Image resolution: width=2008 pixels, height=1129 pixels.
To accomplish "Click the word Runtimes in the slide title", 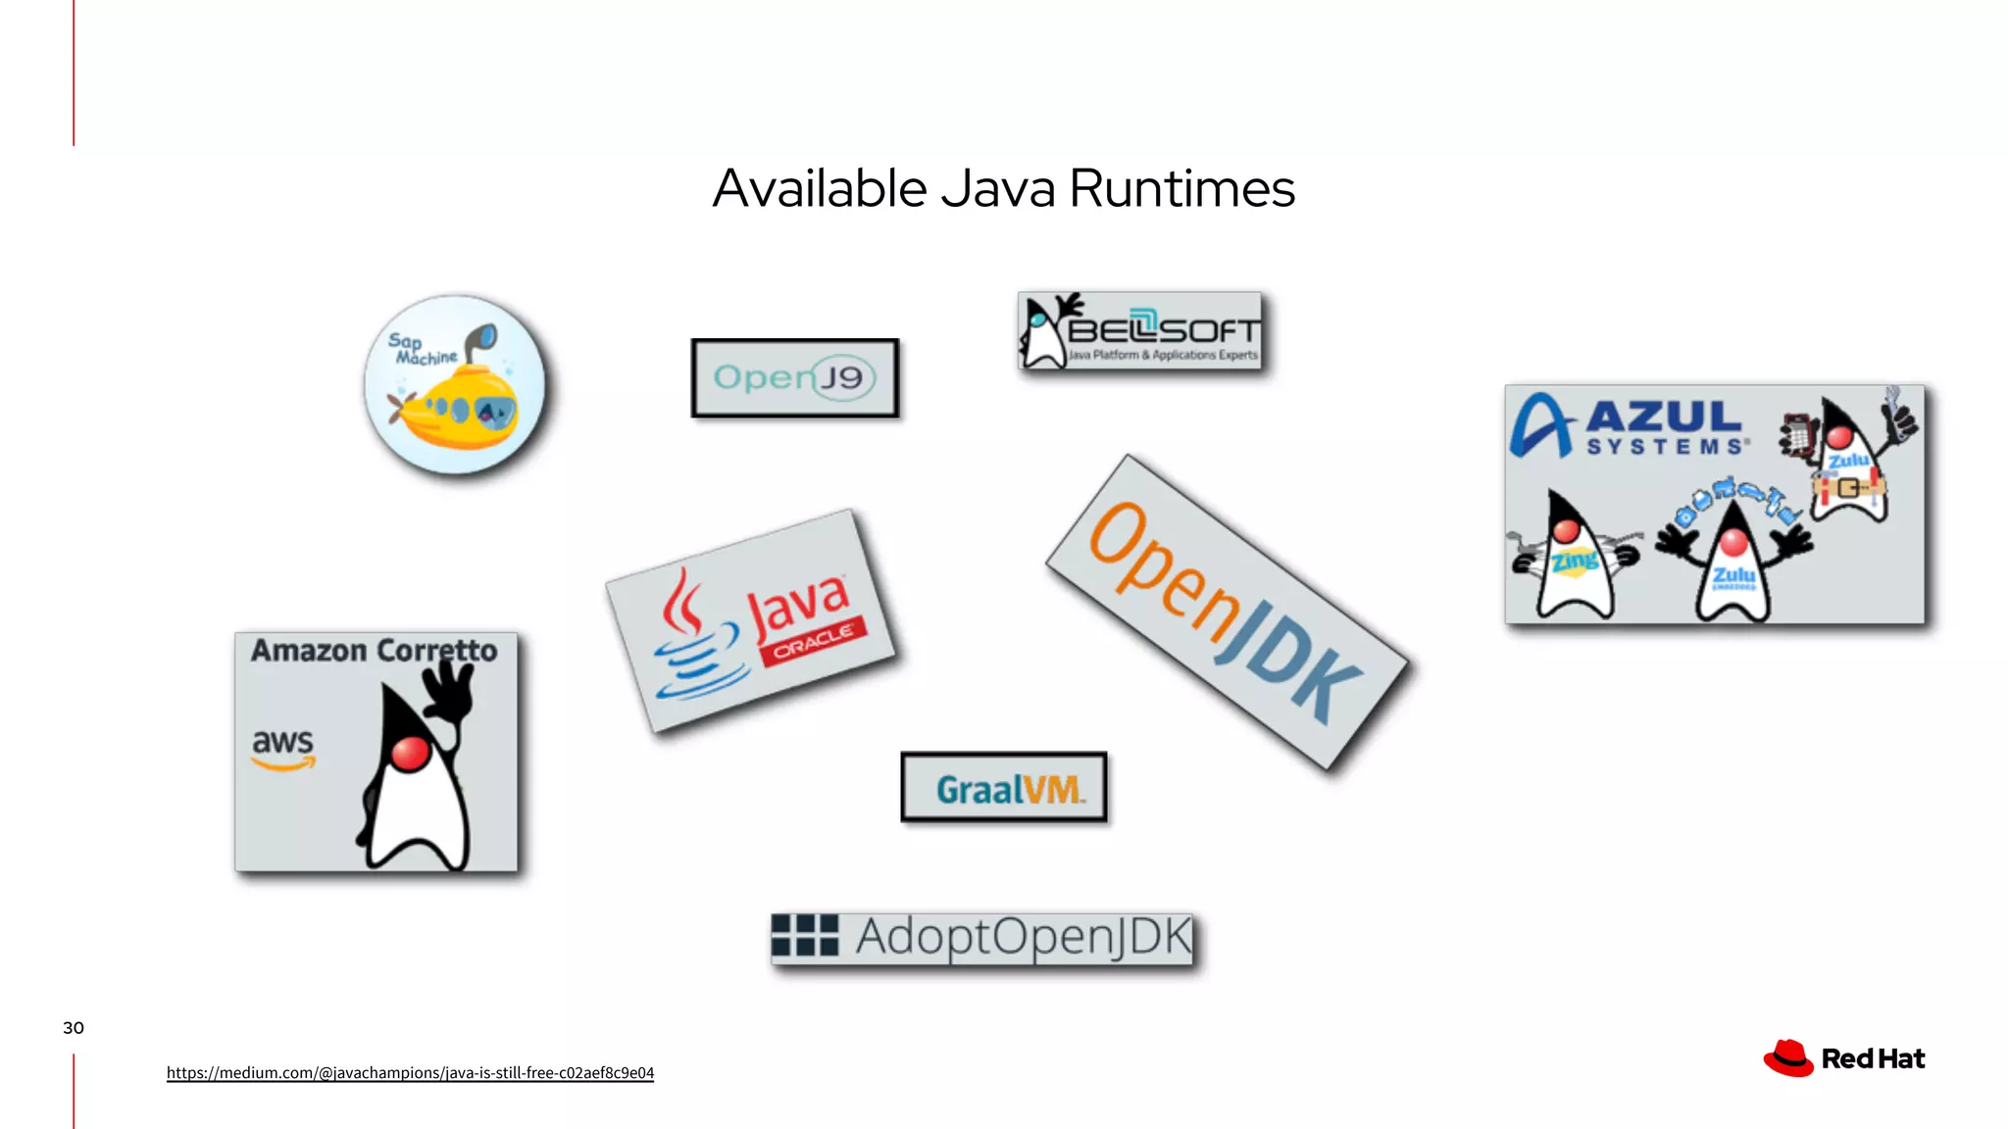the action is pyautogui.click(x=1181, y=188).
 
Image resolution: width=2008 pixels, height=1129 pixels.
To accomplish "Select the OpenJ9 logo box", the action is pyautogui.click(x=794, y=378).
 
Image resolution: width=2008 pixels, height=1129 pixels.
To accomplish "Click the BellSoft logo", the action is pyautogui.click(x=1140, y=331).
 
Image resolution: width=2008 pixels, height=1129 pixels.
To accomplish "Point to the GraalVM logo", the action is pyautogui.click(x=1004, y=788).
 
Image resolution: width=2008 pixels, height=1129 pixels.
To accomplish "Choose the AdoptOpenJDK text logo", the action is pyautogui.click(x=1023, y=937).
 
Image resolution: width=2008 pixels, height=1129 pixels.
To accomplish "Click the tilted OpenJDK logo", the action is pyautogui.click(x=1226, y=613).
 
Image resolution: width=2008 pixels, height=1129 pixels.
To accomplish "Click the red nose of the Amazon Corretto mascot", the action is pyautogui.click(x=410, y=754).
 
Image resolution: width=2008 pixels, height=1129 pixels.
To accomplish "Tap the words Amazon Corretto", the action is pyautogui.click(x=374, y=651).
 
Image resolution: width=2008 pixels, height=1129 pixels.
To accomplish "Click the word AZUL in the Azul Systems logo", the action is pyautogui.click(x=1664, y=417).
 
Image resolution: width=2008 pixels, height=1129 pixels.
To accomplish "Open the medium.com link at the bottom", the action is pyautogui.click(x=410, y=1073).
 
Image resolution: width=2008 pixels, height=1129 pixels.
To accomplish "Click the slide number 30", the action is pyautogui.click(x=74, y=1028).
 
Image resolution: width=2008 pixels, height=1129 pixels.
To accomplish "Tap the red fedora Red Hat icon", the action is pyautogui.click(x=1788, y=1058).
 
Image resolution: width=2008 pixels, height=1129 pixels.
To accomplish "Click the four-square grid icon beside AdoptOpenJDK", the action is pyautogui.click(x=805, y=935).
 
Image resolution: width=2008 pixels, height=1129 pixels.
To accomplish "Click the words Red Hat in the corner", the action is pyautogui.click(x=1873, y=1059).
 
